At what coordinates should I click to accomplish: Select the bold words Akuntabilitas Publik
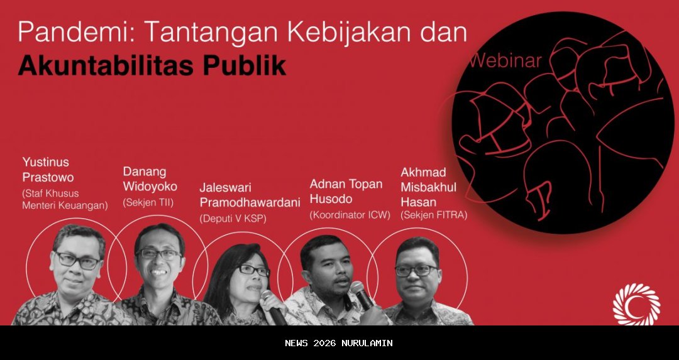(152, 65)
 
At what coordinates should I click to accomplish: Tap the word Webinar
(505, 60)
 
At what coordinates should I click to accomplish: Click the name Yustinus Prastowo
(48, 169)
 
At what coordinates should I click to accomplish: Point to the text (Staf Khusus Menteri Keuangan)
(65, 199)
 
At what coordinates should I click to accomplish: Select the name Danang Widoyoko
(150, 178)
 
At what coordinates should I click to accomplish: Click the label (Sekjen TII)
(148, 202)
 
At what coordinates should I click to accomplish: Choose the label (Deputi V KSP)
(233, 219)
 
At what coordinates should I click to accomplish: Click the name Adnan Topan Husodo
(346, 192)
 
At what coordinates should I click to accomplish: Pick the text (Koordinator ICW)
(350, 215)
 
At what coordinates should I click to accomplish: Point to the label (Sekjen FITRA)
(434, 215)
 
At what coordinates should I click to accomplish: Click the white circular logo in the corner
(636, 304)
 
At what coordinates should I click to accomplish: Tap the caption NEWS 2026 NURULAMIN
(339, 343)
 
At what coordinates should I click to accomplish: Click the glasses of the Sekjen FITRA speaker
(416, 271)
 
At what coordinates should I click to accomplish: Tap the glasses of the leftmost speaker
(77, 259)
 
